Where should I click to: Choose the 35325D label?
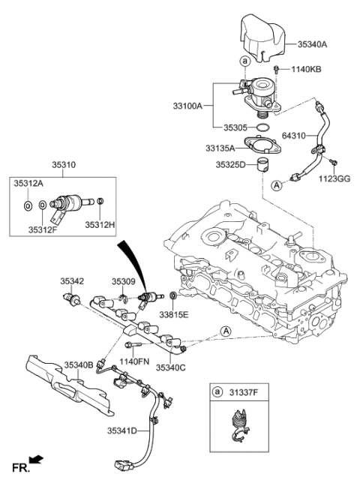coord(231,164)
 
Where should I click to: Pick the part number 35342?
coord(72,281)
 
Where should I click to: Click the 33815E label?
coord(173,313)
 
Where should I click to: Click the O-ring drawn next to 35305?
coord(264,128)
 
